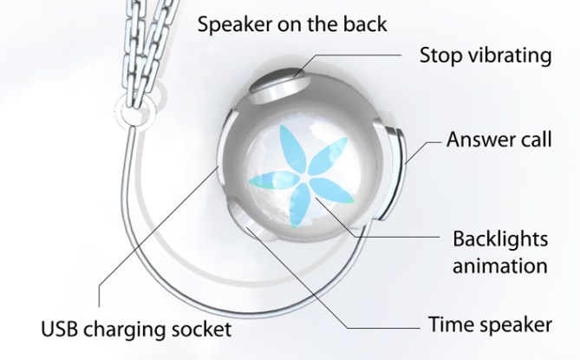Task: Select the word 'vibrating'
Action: pyautogui.click(x=518, y=58)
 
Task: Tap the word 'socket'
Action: pyautogui.click(x=205, y=329)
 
